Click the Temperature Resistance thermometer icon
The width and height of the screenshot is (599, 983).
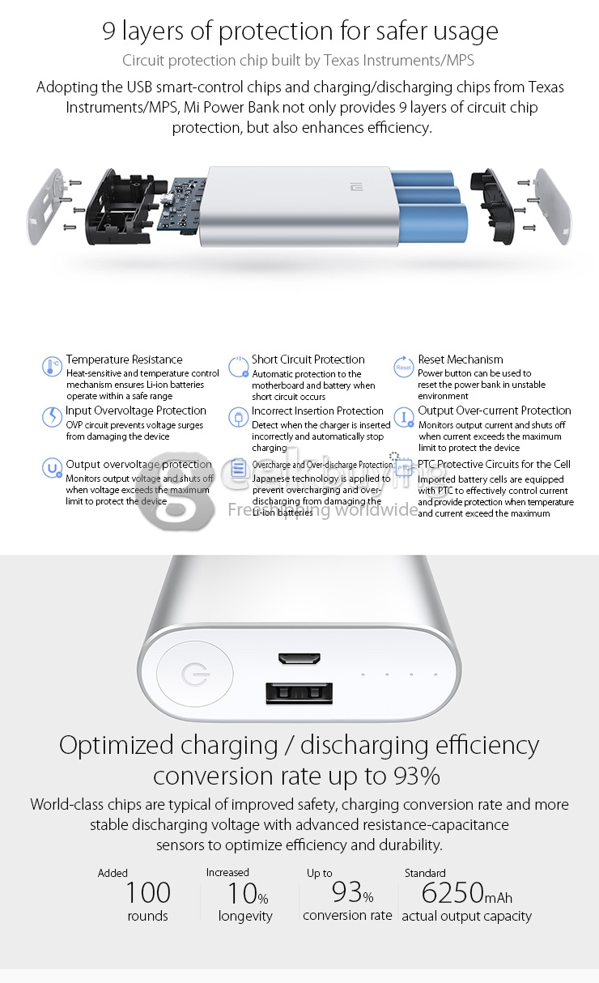52,367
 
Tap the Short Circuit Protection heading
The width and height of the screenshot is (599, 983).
308,360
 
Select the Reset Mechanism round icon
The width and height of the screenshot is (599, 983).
403,367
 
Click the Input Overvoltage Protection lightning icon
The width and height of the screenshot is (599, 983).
52,417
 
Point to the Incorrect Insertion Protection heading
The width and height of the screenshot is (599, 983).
317,411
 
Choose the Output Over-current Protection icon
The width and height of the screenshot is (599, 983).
403,418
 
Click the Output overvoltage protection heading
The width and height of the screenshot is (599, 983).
138,464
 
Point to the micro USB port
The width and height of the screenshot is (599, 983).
299,659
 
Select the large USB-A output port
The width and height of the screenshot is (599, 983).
299,694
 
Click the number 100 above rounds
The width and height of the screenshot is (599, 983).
147,892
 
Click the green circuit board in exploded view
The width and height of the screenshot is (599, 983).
182,206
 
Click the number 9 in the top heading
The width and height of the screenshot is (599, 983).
109,32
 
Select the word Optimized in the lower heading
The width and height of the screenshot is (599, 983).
117,745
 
